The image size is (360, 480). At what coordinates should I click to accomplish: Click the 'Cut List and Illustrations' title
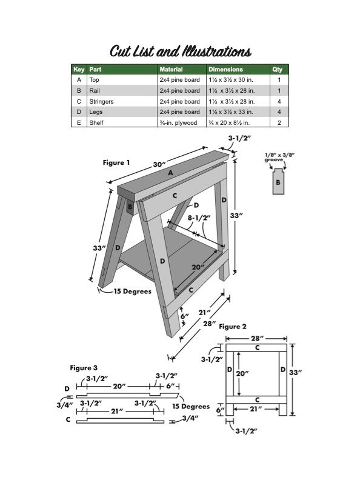pos(181,52)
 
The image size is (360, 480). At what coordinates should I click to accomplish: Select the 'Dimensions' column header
pos(225,70)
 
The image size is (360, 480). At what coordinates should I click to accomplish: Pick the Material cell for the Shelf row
pos(178,123)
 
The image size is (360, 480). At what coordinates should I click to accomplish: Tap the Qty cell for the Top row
pos(279,80)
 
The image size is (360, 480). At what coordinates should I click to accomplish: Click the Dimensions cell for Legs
pos(231,112)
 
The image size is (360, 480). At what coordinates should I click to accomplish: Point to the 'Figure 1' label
pos(116,162)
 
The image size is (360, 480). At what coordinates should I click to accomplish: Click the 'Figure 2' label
pos(232,327)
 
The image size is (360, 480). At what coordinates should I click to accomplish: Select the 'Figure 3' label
pos(84,368)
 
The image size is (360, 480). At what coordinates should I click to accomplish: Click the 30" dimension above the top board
pos(159,164)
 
